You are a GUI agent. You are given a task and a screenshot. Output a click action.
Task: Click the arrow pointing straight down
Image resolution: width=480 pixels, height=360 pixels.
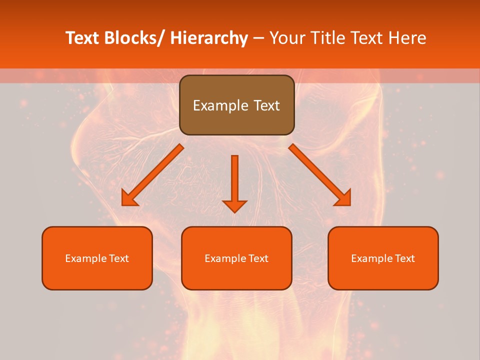click(234, 183)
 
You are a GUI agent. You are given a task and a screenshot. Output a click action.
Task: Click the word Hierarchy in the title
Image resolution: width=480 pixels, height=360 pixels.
click(209, 38)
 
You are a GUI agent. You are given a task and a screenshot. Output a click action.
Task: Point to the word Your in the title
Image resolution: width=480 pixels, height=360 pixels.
click(287, 38)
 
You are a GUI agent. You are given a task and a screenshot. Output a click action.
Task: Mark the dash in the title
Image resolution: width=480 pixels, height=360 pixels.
click(258, 38)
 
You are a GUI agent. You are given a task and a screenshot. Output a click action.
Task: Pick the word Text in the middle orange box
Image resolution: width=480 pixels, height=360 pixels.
click(257, 258)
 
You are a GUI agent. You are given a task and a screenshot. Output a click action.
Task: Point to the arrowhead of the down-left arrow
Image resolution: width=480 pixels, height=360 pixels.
click(128, 199)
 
